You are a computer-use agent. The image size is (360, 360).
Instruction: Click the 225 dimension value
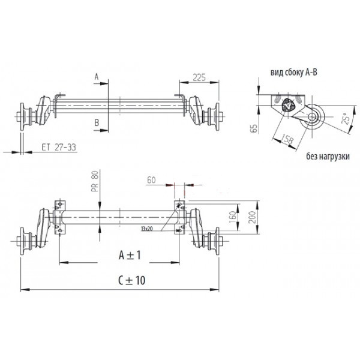199,77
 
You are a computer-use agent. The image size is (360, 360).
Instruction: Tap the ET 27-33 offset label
59,147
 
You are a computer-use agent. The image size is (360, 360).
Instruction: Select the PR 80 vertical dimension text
95,181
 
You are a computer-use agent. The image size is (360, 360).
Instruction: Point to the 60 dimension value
151,180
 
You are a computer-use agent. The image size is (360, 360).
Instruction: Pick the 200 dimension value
252,217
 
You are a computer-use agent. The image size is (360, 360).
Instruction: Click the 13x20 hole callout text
147,229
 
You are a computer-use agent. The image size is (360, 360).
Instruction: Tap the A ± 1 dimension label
130,255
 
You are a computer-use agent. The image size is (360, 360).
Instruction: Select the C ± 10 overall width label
131,280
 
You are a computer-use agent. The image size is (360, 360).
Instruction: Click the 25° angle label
346,118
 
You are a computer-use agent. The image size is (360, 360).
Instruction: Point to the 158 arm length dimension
287,139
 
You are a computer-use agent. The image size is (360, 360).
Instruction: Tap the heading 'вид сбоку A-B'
294,73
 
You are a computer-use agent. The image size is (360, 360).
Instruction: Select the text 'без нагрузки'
328,157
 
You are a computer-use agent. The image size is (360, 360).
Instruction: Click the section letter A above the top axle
97,77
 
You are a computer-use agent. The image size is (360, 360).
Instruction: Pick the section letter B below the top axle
97,123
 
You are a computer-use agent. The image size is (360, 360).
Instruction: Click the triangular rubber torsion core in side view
287,106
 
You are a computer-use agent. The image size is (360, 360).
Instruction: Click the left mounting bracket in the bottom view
59,217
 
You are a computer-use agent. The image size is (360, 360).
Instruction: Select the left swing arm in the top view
44,110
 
